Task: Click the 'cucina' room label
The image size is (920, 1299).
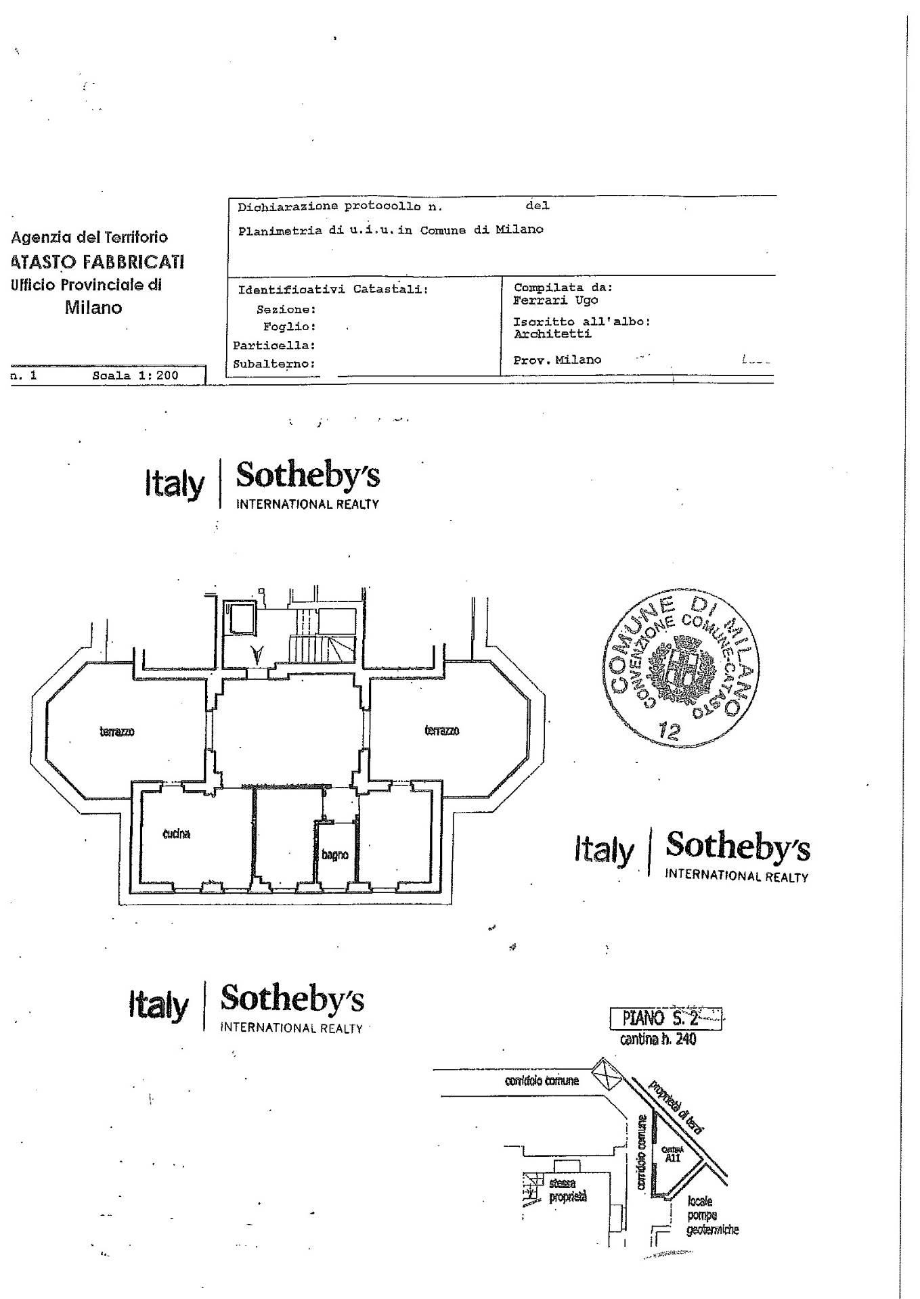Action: [x=176, y=834]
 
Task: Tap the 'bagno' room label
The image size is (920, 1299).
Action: [x=334, y=854]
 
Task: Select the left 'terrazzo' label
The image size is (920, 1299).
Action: [x=117, y=731]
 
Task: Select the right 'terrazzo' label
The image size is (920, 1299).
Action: [x=441, y=730]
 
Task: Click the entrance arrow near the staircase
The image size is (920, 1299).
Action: [x=257, y=655]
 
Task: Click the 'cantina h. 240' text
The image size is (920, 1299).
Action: [x=657, y=1039]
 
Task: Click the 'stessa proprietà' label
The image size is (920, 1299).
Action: [x=567, y=1191]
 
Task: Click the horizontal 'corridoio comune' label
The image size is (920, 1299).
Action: [x=542, y=1080]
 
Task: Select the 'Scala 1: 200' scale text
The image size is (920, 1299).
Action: [x=135, y=375]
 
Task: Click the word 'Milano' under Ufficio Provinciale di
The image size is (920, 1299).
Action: [x=93, y=308]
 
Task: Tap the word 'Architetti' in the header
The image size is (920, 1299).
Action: [x=552, y=334]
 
